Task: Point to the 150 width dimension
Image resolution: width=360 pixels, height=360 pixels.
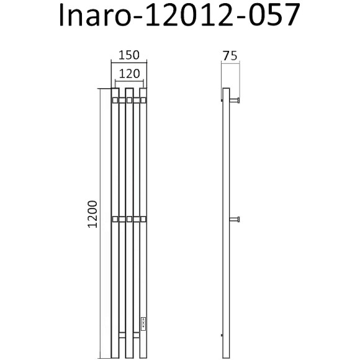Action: click(128, 55)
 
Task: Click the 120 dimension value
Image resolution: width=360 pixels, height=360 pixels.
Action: click(128, 73)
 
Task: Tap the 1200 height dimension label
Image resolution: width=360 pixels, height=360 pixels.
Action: click(91, 222)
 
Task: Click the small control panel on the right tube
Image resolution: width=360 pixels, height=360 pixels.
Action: click(143, 322)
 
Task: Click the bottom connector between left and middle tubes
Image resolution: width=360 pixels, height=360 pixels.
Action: click(122, 336)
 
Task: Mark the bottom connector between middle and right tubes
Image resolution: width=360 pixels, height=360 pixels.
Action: click(136, 336)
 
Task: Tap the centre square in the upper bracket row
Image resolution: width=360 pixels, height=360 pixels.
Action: click(129, 99)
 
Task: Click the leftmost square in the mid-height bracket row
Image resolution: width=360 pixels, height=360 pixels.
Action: click(115, 219)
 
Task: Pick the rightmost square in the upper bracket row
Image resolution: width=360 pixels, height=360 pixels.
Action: click(143, 99)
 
